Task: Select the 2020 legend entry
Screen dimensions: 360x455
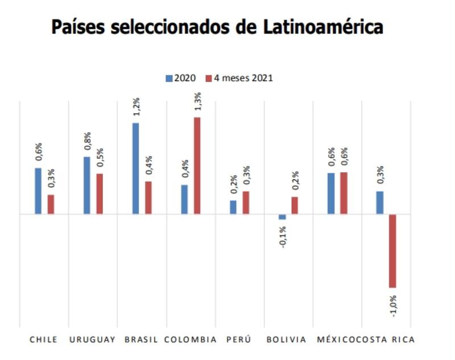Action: click(x=181, y=78)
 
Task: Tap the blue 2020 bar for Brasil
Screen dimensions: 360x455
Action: click(x=136, y=168)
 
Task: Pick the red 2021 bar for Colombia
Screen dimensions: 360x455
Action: click(x=197, y=165)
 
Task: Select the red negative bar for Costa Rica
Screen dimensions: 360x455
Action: click(x=392, y=251)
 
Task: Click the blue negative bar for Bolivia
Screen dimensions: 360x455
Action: click(x=282, y=217)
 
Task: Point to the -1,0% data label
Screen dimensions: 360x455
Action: click(x=393, y=305)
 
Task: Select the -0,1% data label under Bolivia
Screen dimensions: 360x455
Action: click(x=283, y=237)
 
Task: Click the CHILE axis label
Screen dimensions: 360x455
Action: click(x=43, y=340)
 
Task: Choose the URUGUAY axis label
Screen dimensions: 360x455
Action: click(x=92, y=340)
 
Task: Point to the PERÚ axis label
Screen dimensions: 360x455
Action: click(x=238, y=340)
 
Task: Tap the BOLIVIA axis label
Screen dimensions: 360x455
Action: click(x=287, y=340)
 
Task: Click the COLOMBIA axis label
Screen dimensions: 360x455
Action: click(x=191, y=340)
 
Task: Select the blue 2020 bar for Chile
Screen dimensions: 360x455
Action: click(x=38, y=191)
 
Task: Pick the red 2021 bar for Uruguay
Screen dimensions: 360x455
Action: click(x=100, y=194)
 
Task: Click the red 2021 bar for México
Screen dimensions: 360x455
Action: click(x=344, y=193)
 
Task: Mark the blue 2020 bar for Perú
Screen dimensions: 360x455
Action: click(x=233, y=207)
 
